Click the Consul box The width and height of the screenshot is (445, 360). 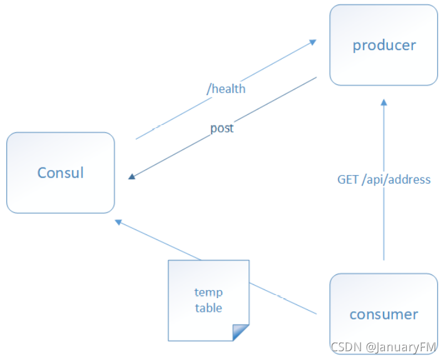point(61,172)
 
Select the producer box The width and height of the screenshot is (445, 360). point(384,45)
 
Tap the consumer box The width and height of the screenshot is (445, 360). point(384,314)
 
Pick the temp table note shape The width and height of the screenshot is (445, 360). point(208,301)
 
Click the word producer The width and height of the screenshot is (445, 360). point(384,46)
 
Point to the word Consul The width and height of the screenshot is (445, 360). point(61,172)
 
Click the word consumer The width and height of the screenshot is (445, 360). point(384,314)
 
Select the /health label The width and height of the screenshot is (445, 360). point(226,89)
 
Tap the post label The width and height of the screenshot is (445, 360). point(222,128)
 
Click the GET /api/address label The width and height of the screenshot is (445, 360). point(384,180)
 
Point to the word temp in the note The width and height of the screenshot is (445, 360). point(208,292)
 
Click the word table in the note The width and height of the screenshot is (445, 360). point(208,308)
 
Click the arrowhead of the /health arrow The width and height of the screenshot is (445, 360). point(313,42)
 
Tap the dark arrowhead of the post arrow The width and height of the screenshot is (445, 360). point(131,177)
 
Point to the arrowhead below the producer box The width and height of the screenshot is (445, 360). point(384,102)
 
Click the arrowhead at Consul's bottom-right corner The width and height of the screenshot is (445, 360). point(118,222)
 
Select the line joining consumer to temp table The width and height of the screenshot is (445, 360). point(283,298)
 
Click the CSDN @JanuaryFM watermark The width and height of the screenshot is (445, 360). point(383,347)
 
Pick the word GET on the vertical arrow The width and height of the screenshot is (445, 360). point(347,180)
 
